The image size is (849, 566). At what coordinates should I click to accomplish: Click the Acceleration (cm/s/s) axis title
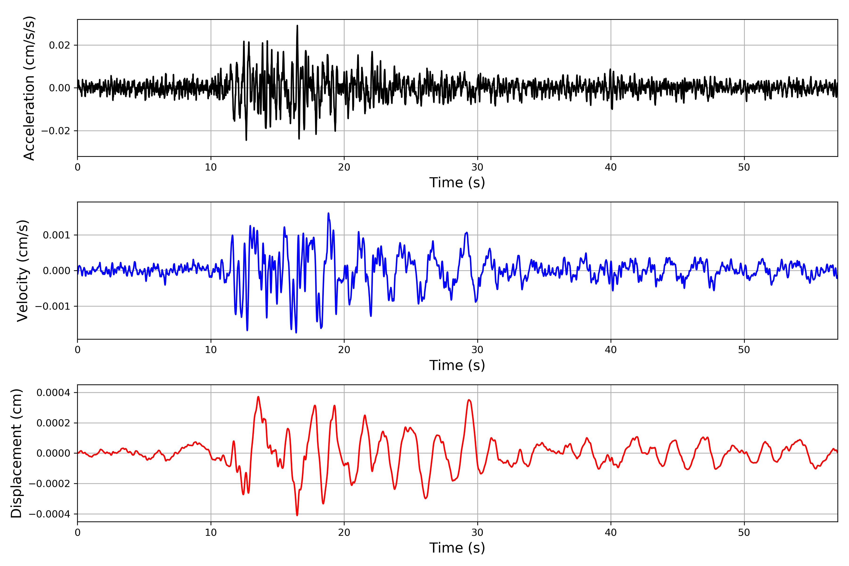pos(29,88)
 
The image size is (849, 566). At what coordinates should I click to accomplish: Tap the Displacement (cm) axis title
pos(16,453)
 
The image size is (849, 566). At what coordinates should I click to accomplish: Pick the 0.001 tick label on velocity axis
pos(57,235)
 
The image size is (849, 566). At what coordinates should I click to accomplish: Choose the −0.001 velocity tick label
pos(53,306)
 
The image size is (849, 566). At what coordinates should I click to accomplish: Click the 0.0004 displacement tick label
pos(54,392)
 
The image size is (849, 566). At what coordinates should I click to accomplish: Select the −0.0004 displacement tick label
pos(50,514)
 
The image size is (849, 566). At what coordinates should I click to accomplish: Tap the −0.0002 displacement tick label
pos(50,484)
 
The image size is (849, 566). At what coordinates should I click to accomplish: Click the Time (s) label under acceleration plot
pos(457,183)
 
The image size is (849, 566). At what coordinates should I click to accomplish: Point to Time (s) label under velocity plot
pos(457,365)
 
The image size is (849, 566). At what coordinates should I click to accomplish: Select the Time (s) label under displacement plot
pos(457,548)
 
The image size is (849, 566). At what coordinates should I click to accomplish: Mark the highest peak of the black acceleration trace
pos(297,25)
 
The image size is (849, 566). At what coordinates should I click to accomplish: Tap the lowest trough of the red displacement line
pos(297,515)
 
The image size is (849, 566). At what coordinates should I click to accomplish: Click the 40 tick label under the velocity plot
pos(611,350)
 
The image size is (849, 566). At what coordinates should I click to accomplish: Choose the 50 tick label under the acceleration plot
pos(744,167)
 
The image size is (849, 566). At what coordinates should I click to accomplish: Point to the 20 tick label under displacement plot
pos(344,533)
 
